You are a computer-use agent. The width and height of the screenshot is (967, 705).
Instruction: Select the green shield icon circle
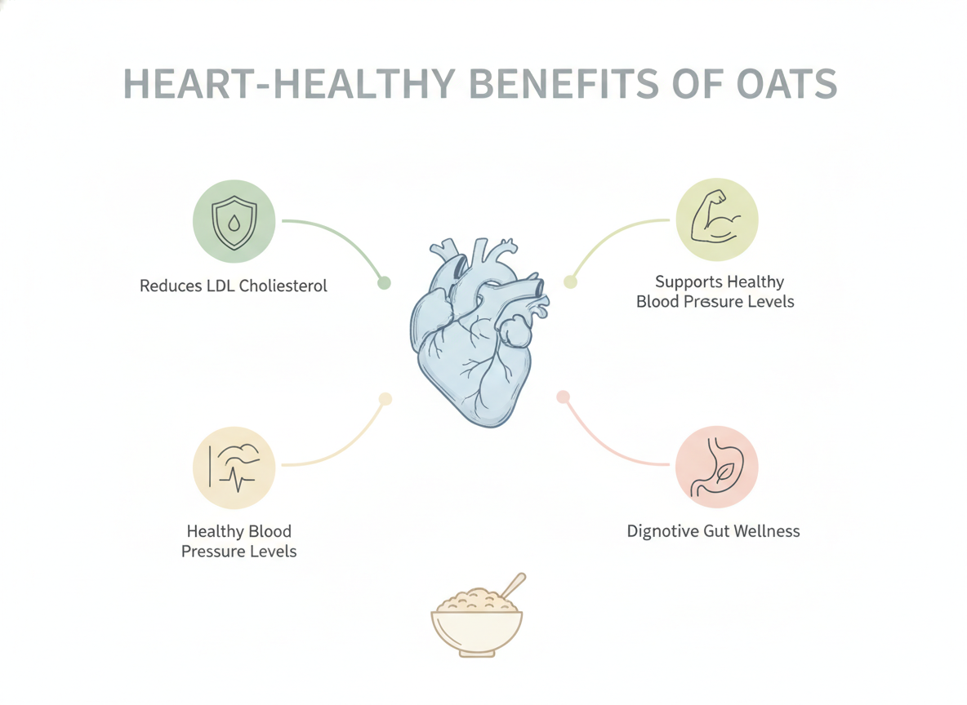pyautogui.click(x=234, y=221)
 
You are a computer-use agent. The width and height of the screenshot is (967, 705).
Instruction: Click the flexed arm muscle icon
pyautogui.click(x=716, y=218)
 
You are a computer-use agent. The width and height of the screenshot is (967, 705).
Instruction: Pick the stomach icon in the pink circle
pyautogui.click(x=717, y=467)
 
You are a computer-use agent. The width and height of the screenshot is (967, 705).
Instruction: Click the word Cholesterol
pyautogui.click(x=283, y=286)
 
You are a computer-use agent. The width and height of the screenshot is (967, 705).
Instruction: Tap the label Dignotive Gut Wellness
pyautogui.click(x=714, y=531)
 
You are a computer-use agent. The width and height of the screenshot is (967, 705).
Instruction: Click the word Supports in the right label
pyautogui.click(x=684, y=282)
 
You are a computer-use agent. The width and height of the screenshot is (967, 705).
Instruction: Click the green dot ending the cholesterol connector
pyautogui.click(x=384, y=283)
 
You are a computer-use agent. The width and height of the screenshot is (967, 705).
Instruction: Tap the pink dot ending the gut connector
pyautogui.click(x=563, y=397)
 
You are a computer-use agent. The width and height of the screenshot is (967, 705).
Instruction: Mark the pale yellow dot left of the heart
pyautogui.click(x=385, y=399)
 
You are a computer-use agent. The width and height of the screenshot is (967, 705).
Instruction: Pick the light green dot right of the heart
pyautogui.click(x=570, y=282)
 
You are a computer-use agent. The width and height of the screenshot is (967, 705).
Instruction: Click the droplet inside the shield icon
pyautogui.click(x=234, y=223)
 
